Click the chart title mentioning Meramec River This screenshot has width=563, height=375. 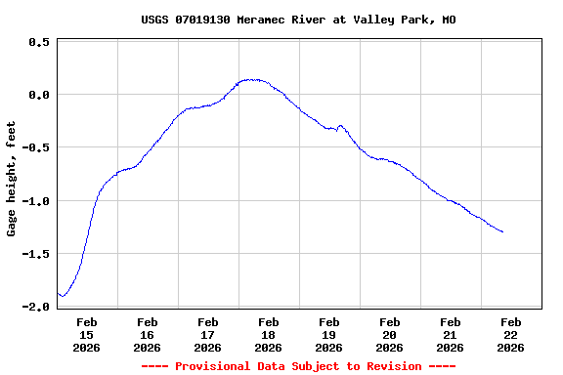coord(298,20)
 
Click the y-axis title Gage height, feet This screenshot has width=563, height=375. coord(12,179)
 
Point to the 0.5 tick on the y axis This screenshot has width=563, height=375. coord(39,42)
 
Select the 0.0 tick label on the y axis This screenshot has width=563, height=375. coord(39,95)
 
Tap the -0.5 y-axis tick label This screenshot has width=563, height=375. coord(36,147)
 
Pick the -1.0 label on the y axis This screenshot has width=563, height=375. coord(36,201)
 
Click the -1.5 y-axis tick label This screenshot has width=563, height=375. coord(36,254)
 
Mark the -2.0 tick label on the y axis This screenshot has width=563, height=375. coord(36,307)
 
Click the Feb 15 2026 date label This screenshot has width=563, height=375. coord(87,334)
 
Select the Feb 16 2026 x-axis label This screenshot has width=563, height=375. coord(148,334)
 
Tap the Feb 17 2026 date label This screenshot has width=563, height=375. coord(208,334)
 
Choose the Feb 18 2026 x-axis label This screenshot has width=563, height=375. coord(269,334)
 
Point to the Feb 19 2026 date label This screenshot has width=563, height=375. coord(329,334)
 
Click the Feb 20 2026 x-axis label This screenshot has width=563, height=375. coord(390,334)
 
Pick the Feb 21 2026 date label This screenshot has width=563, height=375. coord(451,334)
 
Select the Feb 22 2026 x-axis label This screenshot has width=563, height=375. coord(511,334)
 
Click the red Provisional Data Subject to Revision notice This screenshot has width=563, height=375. coord(298,366)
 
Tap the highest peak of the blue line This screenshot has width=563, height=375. coord(251,79)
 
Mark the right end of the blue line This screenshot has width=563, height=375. coord(502,231)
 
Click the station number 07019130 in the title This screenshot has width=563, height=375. coord(208,20)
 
